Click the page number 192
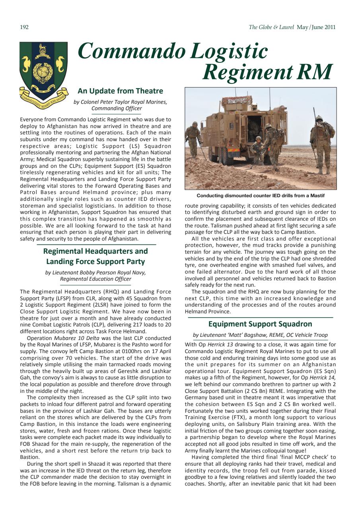coord(24,27)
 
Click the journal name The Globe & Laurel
coord(271,27)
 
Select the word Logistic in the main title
coord(229,52)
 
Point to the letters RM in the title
coord(315,72)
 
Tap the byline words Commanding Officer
coord(116,108)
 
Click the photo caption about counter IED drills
coord(261,196)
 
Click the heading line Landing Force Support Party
coord(95,262)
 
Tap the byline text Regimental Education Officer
coord(95,279)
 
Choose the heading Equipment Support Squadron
coord(260,324)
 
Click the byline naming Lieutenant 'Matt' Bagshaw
coord(260,335)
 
